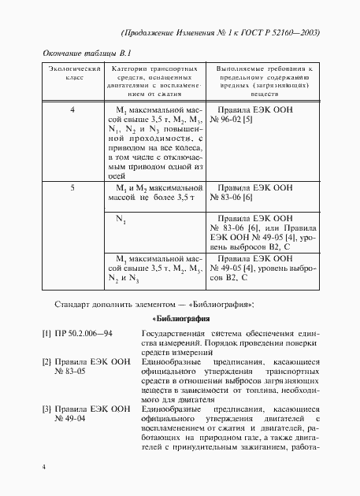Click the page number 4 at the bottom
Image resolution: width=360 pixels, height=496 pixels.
44,468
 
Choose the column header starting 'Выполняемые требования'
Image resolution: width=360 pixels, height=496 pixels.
265,81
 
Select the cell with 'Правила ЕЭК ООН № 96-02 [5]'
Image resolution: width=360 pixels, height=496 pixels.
254,115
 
